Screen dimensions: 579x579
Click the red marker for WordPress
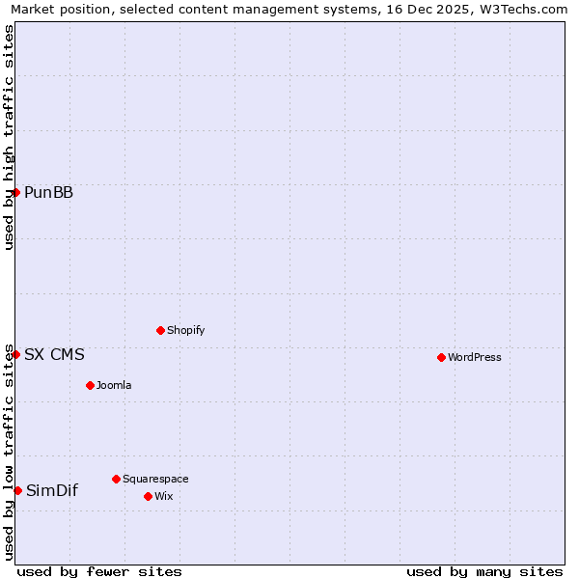441,357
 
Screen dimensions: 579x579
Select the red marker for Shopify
160,330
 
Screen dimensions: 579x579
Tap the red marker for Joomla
90,385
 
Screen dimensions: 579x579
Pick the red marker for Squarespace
116,479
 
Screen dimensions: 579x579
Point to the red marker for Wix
148,496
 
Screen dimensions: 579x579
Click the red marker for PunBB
16,192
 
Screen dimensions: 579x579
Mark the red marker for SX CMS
16,354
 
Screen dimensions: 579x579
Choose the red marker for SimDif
17,490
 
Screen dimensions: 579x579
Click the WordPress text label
474,357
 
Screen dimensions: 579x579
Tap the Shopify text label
185,330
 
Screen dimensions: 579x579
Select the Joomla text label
114,385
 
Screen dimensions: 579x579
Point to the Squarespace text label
155,479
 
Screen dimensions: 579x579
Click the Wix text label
163,496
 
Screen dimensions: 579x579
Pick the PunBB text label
48,192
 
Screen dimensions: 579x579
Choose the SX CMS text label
54,354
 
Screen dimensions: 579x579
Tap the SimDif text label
52,490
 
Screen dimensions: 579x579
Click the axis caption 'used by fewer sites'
99,571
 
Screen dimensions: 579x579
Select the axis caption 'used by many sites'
484,571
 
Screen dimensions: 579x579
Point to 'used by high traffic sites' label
10,137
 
